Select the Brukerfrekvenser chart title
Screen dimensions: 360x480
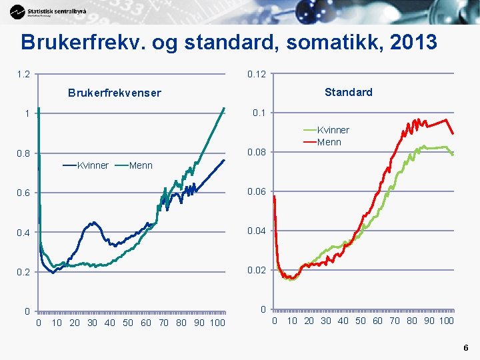pyautogui.click(x=115, y=93)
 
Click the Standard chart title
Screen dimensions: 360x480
pyautogui.click(x=348, y=92)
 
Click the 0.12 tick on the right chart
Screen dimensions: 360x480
pyautogui.click(x=257, y=74)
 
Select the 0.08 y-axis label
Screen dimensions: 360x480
pyautogui.click(x=257, y=153)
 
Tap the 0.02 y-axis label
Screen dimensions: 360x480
pyautogui.click(x=257, y=271)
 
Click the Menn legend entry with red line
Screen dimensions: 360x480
pyautogui.click(x=329, y=141)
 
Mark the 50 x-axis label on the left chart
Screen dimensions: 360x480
pyautogui.click(x=127, y=323)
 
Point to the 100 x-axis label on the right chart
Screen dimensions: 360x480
pyautogui.click(x=446, y=321)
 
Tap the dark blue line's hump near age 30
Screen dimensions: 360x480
pyautogui.click(x=93, y=223)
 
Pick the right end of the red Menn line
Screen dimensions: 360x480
pyautogui.click(x=453, y=133)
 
